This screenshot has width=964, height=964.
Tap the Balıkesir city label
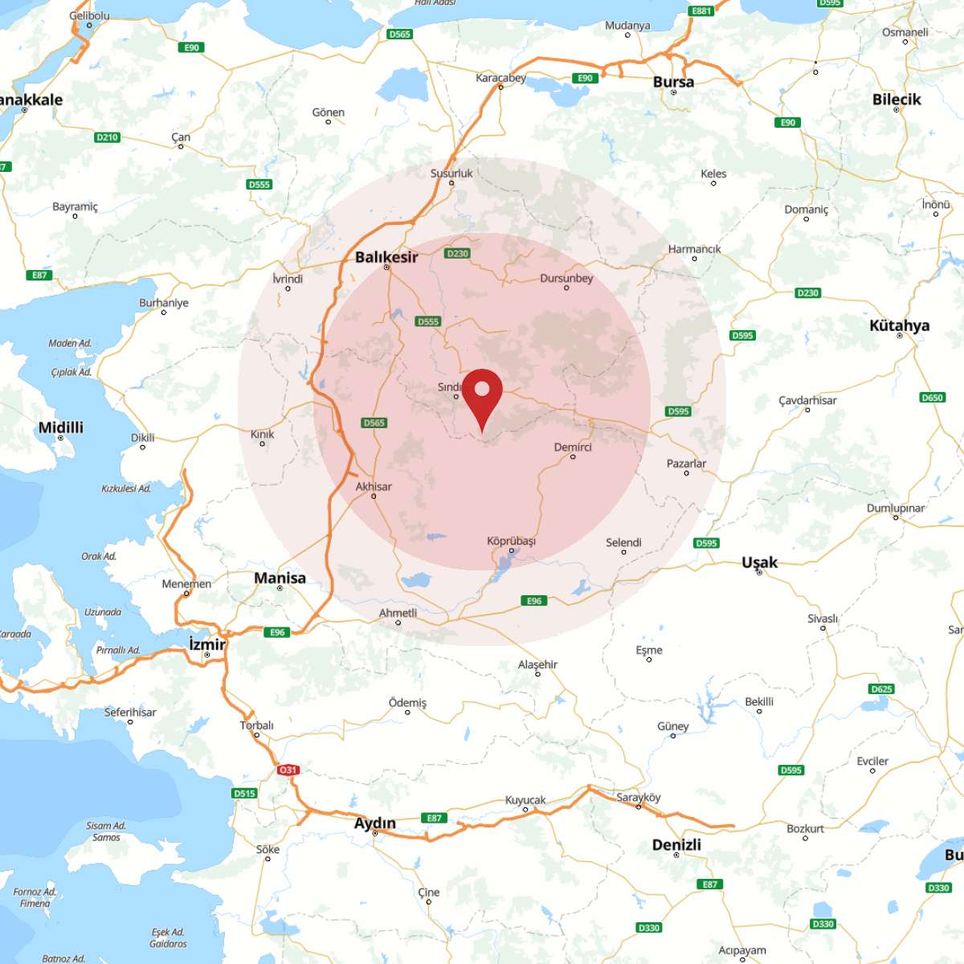pyautogui.click(x=386, y=257)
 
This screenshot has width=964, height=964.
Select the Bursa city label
pyautogui.click(x=673, y=82)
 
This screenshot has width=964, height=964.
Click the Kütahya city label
pyautogui.click(x=899, y=325)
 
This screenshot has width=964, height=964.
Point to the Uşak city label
pyautogui.click(x=759, y=562)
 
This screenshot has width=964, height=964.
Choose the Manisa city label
pyautogui.click(x=280, y=578)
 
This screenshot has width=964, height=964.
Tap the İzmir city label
pyautogui.click(x=207, y=644)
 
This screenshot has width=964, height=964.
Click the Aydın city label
pyautogui.click(x=375, y=823)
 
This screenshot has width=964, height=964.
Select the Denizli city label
pyautogui.click(x=676, y=844)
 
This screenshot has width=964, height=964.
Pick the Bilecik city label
pyautogui.click(x=897, y=100)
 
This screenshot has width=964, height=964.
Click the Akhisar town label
pyautogui.click(x=374, y=486)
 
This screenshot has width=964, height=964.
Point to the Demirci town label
pyautogui.click(x=573, y=447)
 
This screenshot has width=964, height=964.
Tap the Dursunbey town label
pyautogui.click(x=566, y=278)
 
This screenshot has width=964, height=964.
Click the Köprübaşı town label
pyautogui.click(x=511, y=541)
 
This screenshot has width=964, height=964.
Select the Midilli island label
pyautogui.click(x=61, y=427)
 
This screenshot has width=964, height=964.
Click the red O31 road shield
pyautogui.click(x=288, y=770)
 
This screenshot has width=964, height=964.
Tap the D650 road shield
pyautogui.click(x=932, y=398)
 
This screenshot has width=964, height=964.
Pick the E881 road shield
pyautogui.click(x=701, y=11)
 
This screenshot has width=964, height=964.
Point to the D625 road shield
pyautogui.click(x=881, y=689)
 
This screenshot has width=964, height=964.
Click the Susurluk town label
pyautogui.click(x=451, y=173)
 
